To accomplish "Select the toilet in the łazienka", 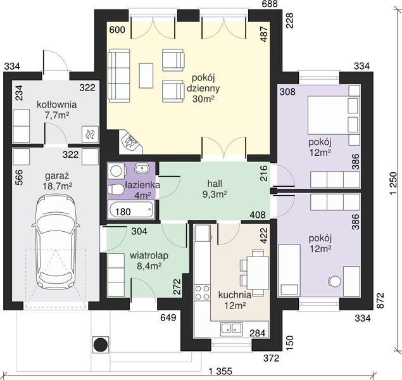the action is [116, 190].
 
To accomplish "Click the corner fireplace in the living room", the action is [130, 142].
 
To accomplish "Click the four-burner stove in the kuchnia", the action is [202, 293].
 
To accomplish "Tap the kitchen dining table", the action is [258, 272].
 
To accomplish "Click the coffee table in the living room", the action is [146, 75].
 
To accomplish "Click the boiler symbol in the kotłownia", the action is [90, 134].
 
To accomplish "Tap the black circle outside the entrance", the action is [101, 345].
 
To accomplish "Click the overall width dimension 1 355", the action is [220, 370].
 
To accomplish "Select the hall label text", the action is [215, 183].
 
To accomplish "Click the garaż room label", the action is [57, 176].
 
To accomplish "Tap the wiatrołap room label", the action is [149, 256].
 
